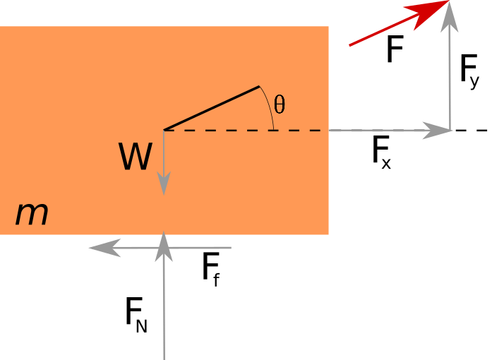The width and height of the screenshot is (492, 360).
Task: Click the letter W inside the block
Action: coord(135,157)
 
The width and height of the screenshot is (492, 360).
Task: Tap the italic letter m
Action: coord(32,215)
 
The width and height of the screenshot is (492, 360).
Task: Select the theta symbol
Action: coord(280,105)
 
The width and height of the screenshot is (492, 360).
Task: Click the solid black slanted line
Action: coord(212,108)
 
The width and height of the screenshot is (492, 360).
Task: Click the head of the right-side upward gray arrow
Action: coord(450,18)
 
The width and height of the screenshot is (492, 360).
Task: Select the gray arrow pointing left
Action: coord(162,248)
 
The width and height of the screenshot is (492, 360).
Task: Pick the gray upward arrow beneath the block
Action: coord(164,304)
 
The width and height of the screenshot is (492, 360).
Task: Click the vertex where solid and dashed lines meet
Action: coord(164,130)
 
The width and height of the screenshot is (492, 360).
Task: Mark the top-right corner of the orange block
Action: coord(328,27)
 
